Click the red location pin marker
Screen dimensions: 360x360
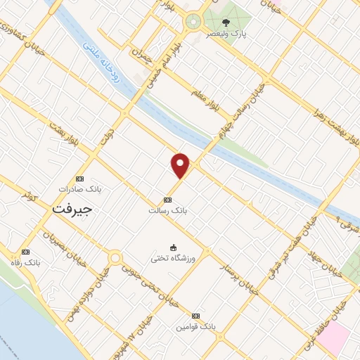pos(181,166)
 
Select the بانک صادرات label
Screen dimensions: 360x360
pos(80,190)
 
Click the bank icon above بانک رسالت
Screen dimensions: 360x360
pos(167,199)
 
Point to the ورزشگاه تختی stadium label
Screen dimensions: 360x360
pos(169,258)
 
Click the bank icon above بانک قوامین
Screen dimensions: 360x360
pos(195,316)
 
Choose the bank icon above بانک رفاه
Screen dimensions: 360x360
pos(26,252)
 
